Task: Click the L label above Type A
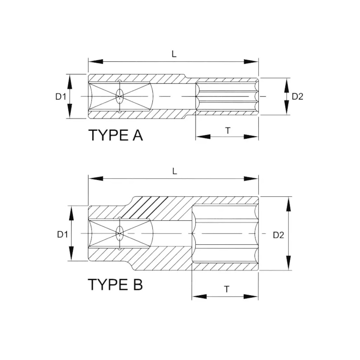(174, 54)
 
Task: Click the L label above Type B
(174, 171)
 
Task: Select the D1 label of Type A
(60, 97)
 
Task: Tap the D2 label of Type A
(297, 97)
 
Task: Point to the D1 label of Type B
(63, 234)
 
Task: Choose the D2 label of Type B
(278, 235)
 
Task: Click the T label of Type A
(227, 130)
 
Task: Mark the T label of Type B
(227, 289)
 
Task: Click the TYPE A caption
(115, 135)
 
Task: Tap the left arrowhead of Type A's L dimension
(96, 62)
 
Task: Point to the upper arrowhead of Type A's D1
(70, 82)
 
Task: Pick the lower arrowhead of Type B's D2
(289, 263)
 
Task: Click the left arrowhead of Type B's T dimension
(199, 296)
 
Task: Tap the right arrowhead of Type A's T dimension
(251, 137)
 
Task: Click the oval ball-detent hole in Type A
(120, 96)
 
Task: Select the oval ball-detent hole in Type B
(120, 233)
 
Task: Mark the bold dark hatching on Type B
(144, 207)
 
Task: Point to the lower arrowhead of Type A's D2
(287, 108)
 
